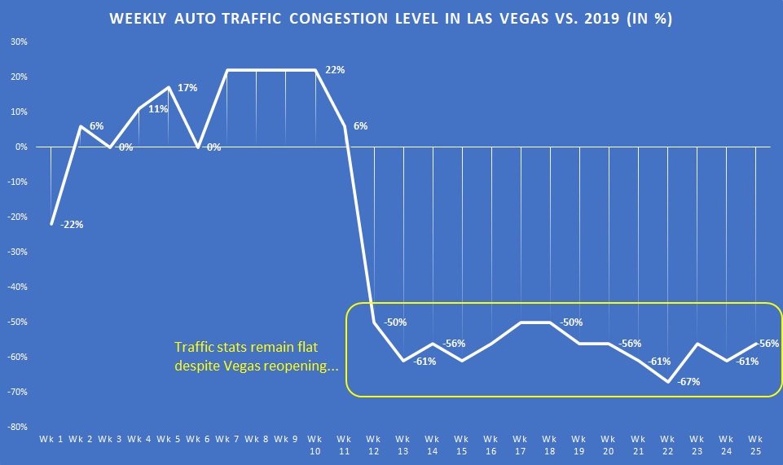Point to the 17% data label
point(187,87)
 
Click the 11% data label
point(158,109)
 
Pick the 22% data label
point(334,70)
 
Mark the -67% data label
point(689,381)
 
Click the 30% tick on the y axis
point(18,42)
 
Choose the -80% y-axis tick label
point(16,427)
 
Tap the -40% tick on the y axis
point(16,287)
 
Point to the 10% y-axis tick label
point(18,112)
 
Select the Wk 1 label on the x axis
point(51,439)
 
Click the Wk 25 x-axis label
point(755,444)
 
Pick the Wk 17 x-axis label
point(521,444)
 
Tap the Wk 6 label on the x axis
point(198,439)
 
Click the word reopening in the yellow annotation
point(292,366)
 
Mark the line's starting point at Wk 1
point(51,224)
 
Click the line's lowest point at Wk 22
point(667,381)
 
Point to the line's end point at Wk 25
point(755,343)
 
